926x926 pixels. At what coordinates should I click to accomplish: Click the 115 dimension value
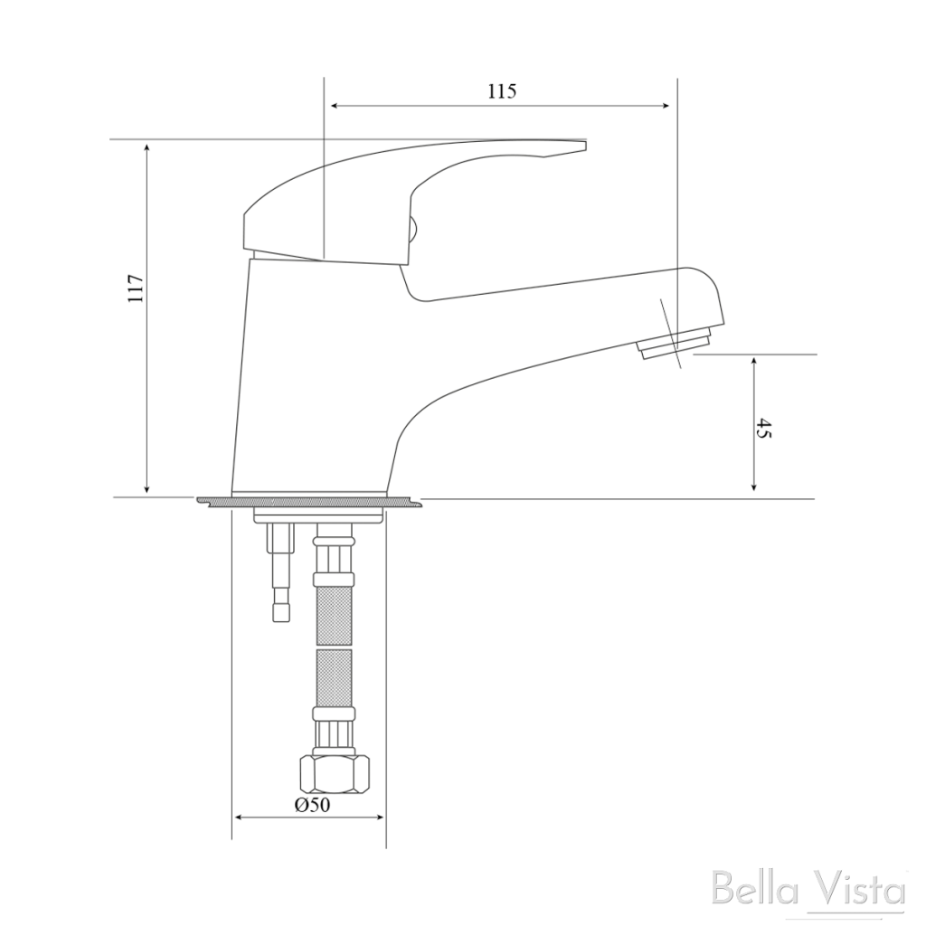click(x=501, y=90)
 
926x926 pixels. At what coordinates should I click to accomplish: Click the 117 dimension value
click(x=135, y=288)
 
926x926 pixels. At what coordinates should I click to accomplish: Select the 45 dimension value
click(x=764, y=429)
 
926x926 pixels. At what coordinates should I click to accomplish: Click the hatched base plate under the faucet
click(x=307, y=500)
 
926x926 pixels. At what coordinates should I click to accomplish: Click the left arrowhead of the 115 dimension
click(x=335, y=107)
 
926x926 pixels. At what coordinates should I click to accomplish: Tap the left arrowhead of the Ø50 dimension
click(x=240, y=817)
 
